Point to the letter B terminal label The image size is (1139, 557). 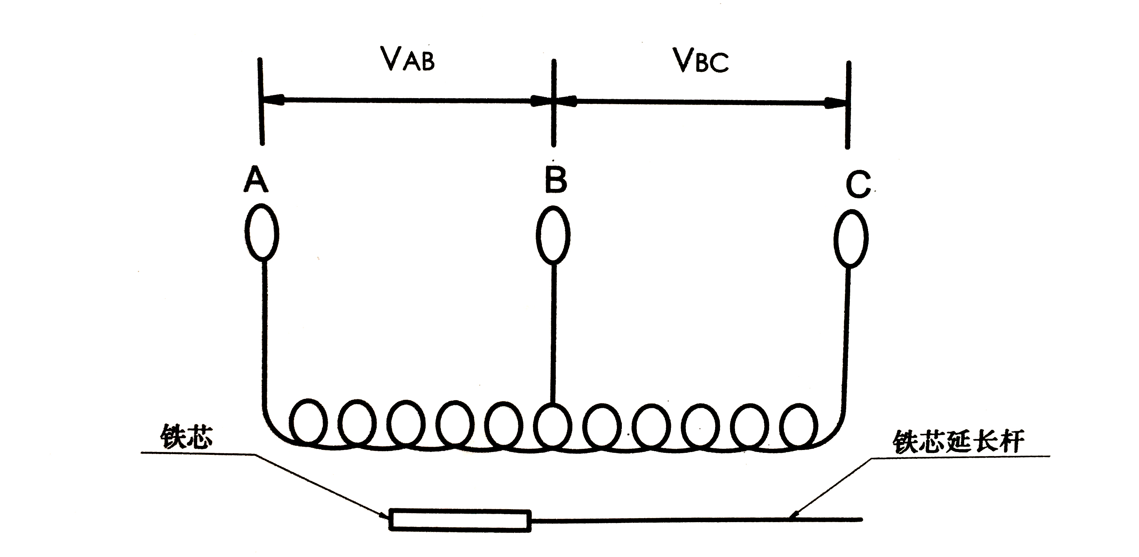click(x=555, y=180)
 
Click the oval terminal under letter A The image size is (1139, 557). click(x=262, y=231)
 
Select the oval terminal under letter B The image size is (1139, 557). click(x=553, y=235)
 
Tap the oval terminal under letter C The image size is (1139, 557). click(x=851, y=239)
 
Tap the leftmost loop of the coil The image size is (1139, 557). click(x=309, y=422)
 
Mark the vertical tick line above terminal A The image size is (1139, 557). click(x=261, y=102)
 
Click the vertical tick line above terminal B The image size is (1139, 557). click(x=554, y=103)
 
